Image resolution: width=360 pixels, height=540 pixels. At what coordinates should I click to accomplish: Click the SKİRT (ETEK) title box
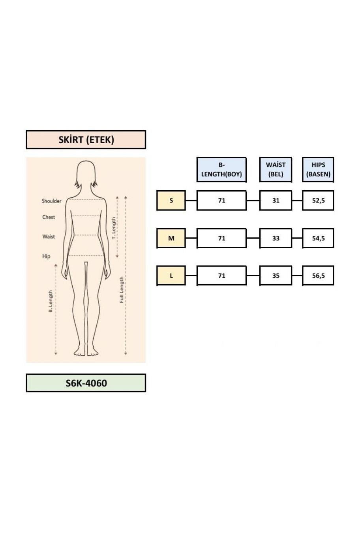pyautogui.click(x=86, y=140)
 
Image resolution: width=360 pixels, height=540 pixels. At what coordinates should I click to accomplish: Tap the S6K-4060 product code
pyautogui.click(x=86, y=383)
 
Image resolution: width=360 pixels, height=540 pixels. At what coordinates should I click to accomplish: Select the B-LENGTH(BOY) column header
pyautogui.click(x=221, y=169)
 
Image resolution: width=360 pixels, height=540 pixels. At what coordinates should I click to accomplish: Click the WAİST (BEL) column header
pyautogui.click(x=276, y=169)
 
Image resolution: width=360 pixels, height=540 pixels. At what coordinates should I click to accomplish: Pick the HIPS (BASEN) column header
pyautogui.click(x=318, y=169)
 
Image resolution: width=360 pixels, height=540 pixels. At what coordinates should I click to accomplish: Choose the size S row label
pyautogui.click(x=171, y=201)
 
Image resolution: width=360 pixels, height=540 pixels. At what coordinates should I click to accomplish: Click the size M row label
pyautogui.click(x=171, y=238)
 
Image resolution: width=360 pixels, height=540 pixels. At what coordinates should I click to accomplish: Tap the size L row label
pyautogui.click(x=171, y=276)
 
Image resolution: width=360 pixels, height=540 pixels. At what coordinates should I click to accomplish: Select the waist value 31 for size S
pyautogui.click(x=276, y=201)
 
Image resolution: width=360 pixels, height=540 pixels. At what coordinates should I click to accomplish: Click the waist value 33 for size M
pyautogui.click(x=276, y=238)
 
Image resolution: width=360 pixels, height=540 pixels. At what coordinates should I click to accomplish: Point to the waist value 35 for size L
pyautogui.click(x=276, y=276)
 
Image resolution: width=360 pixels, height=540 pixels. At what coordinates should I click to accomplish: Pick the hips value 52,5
pyautogui.click(x=318, y=201)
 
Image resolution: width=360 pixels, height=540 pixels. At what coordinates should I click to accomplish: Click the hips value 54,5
pyautogui.click(x=318, y=238)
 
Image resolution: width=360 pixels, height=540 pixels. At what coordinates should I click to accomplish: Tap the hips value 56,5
pyautogui.click(x=318, y=276)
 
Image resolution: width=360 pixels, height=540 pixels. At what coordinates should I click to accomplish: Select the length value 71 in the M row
pyautogui.click(x=221, y=238)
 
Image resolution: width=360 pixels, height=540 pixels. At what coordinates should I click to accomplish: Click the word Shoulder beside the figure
pyautogui.click(x=51, y=201)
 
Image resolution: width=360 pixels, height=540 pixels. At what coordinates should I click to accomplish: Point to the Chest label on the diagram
pyautogui.click(x=49, y=217)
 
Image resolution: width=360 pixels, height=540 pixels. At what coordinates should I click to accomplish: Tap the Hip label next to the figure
pyautogui.click(x=46, y=256)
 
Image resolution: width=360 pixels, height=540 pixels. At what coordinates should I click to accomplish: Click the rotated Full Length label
pyautogui.click(x=122, y=289)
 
